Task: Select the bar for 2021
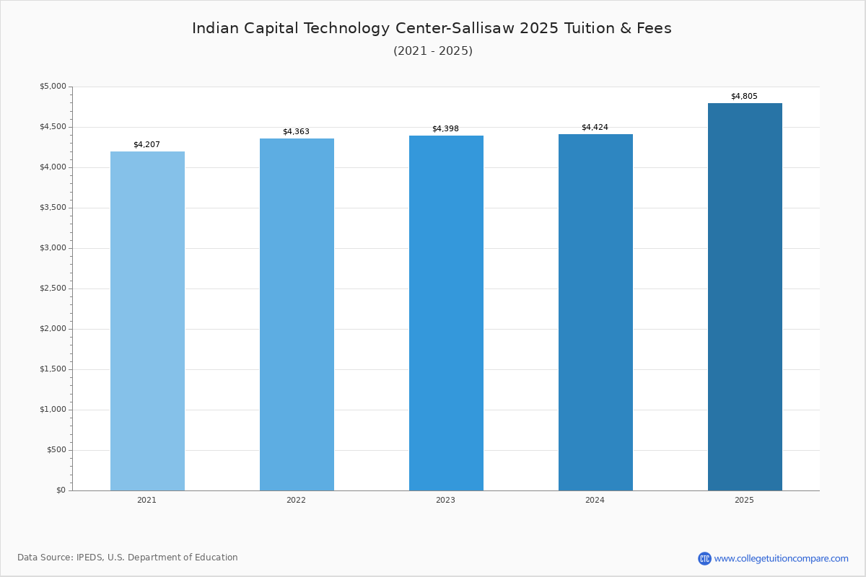147,321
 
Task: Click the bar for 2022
297,314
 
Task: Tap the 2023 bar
446,313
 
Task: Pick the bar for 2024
596,312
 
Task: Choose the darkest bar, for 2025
745,297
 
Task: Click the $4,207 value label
147,144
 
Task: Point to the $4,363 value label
296,132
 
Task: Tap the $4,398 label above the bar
445,128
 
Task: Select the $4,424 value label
595,127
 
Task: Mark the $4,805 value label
744,96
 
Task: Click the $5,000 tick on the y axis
53,86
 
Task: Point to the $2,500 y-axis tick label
53,288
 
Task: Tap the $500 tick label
56,450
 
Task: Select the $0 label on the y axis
61,490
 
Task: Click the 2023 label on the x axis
445,500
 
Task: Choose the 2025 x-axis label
744,500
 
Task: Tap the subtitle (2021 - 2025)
433,50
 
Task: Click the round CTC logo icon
704,558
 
